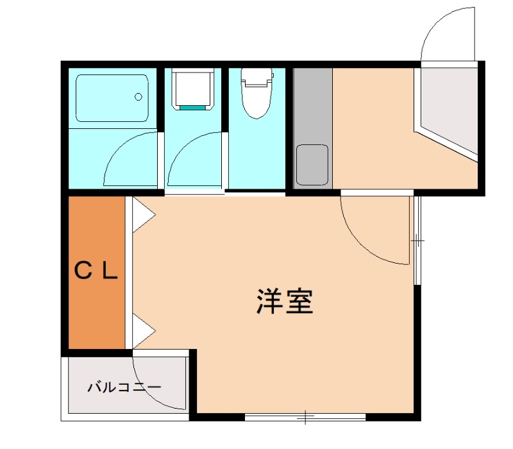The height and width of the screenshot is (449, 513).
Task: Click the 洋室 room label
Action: click(285, 301)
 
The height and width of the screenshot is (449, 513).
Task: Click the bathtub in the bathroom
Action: click(112, 97)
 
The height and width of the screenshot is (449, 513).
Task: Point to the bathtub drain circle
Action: click(138, 97)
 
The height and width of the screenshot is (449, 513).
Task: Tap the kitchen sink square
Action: click(312, 163)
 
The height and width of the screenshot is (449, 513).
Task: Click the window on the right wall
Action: click(417, 241)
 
